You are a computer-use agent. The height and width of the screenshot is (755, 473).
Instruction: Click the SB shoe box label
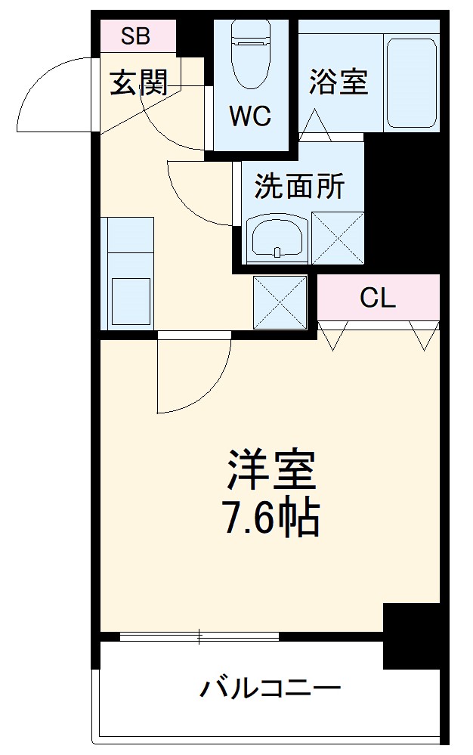pyautogui.click(x=137, y=35)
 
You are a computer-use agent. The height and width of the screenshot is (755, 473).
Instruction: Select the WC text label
pyautogui.click(x=250, y=116)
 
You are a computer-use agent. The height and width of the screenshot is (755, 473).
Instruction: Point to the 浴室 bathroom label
pyautogui.click(x=338, y=82)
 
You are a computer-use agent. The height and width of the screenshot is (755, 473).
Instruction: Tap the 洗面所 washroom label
pyautogui.click(x=299, y=186)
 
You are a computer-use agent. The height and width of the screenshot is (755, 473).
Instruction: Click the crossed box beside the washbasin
pyautogui.click(x=338, y=238)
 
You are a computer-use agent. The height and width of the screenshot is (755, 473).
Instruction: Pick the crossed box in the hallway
pyautogui.click(x=280, y=302)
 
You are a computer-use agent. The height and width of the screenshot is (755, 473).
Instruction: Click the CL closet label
pyautogui.click(x=378, y=299)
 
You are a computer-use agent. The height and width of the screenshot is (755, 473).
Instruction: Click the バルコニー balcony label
pyautogui.click(x=271, y=688)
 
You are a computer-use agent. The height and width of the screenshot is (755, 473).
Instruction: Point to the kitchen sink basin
pyautogui.click(x=131, y=301)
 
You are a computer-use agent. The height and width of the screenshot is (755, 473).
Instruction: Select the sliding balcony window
pyautogui.click(x=199, y=637)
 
